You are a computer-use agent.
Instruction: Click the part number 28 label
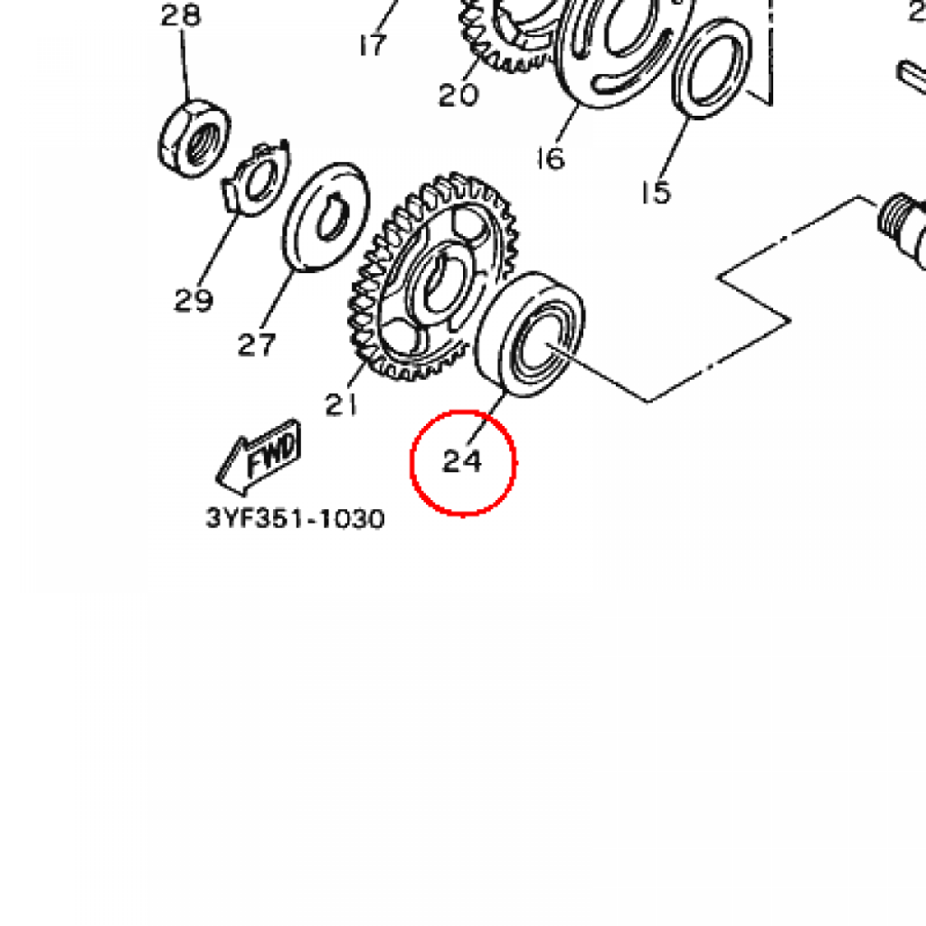coord(181,14)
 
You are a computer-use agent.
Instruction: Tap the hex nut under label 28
coord(194,139)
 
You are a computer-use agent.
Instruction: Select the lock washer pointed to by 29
coord(256,178)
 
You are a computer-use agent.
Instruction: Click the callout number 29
coord(194,300)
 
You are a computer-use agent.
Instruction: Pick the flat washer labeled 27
coord(326,217)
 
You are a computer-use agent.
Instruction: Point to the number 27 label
coord(257,345)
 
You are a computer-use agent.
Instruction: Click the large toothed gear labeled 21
coord(433,277)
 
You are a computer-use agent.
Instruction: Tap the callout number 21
coord(341,404)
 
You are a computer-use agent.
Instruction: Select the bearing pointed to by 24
coord(530,335)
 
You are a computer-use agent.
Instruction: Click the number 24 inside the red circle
coord(462,461)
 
